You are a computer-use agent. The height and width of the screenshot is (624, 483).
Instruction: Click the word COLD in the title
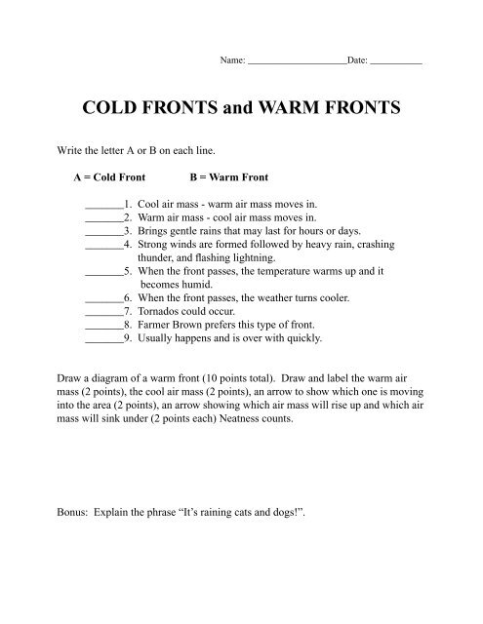coord(115,108)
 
